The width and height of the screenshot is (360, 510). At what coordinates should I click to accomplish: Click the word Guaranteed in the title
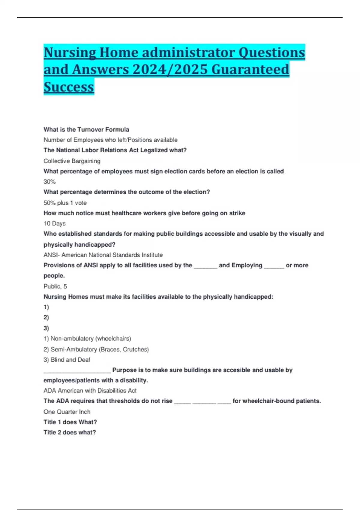[x=250, y=70]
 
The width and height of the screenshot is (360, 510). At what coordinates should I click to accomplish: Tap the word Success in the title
[x=69, y=87]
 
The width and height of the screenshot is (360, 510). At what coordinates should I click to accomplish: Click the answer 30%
[x=49, y=182]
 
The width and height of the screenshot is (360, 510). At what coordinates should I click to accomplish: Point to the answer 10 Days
[x=55, y=223]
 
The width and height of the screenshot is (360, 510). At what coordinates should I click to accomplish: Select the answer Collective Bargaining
[x=72, y=161]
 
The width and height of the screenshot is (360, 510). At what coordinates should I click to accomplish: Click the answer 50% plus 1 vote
[x=65, y=203]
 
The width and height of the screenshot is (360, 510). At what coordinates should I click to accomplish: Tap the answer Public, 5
[x=55, y=286]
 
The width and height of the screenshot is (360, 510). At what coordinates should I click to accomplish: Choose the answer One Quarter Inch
[x=67, y=412]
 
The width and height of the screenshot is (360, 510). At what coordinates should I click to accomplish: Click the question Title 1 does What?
[x=70, y=422]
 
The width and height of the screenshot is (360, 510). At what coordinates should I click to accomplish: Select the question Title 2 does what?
[x=70, y=433]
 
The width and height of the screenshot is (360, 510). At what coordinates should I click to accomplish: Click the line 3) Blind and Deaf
[x=67, y=360]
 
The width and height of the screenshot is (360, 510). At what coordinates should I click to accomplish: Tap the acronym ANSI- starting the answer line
[x=52, y=255]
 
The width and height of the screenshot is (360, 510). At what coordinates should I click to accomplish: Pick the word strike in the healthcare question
[x=237, y=213]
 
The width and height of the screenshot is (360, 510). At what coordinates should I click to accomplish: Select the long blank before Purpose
[x=77, y=371]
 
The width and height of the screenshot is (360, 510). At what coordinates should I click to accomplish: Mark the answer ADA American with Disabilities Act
[x=90, y=391]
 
